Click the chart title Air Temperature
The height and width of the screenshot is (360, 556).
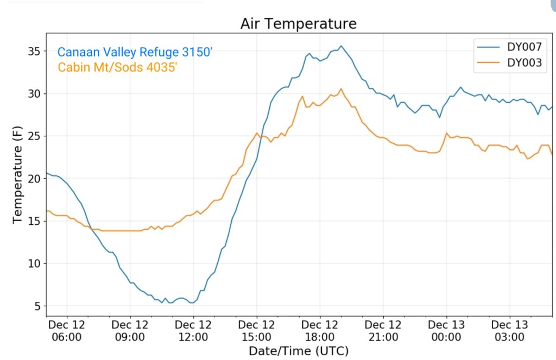[299, 24]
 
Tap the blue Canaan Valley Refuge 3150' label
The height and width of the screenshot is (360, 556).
[135, 53]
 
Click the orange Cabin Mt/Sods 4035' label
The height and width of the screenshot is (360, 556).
[117, 67]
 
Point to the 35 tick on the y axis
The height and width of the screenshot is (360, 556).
[34, 52]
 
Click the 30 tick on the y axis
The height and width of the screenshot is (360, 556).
[34, 94]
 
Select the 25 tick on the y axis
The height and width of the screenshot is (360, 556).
[34, 136]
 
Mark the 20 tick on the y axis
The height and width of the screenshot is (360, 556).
[34, 179]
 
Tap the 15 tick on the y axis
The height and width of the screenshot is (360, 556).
[34, 221]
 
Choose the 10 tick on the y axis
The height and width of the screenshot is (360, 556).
[34, 263]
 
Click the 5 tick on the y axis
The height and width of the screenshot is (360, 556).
[36, 306]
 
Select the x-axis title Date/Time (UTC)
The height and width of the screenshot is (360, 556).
[299, 351]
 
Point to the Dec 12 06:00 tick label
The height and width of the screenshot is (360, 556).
[67, 331]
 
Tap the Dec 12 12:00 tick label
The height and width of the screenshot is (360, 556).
[193, 331]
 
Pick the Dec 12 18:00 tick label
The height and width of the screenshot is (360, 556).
[320, 331]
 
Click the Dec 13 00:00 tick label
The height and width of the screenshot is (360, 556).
[446, 331]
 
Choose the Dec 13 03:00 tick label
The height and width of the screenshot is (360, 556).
[510, 331]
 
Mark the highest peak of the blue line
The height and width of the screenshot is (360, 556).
[341, 46]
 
